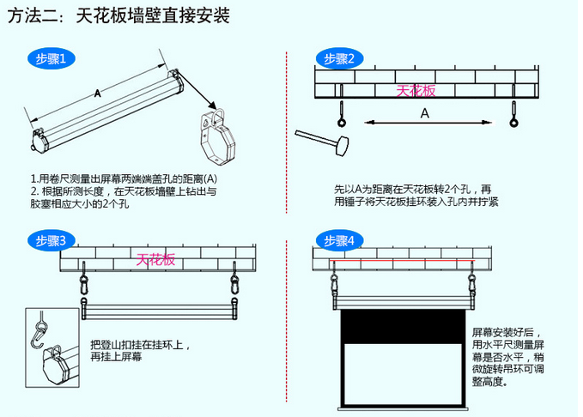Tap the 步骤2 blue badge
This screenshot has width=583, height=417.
[339, 58]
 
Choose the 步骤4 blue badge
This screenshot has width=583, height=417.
[339, 241]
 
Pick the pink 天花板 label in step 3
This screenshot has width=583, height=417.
[155, 258]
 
